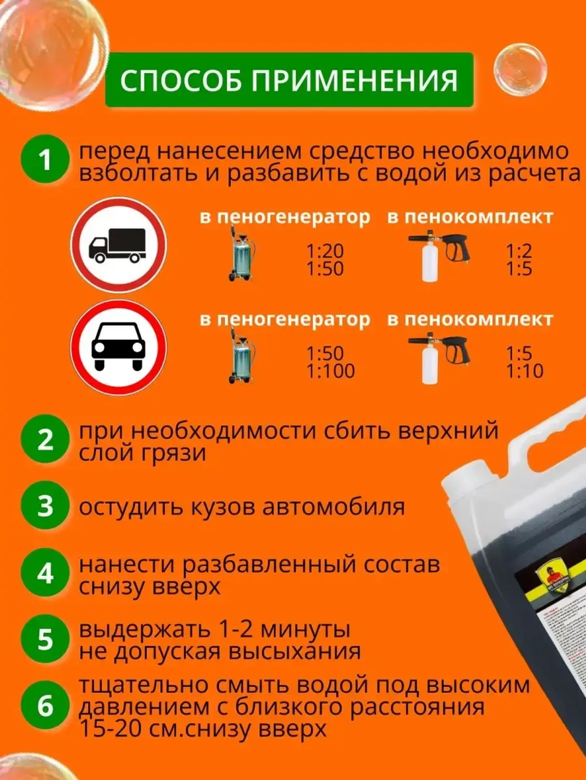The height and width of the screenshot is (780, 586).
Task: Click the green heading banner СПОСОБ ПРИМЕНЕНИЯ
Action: pyautogui.click(x=289, y=80)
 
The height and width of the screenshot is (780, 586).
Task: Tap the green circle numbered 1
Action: pyautogui.click(x=46, y=160)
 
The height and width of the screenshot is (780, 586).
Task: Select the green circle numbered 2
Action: pyautogui.click(x=46, y=440)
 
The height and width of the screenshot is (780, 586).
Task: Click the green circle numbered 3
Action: pyautogui.click(x=46, y=506)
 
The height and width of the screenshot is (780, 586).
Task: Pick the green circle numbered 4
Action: pyautogui.click(x=46, y=573)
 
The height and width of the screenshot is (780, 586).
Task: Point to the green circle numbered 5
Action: pyautogui.click(x=46, y=639)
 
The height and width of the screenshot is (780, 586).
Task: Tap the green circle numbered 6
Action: pyautogui.click(x=46, y=706)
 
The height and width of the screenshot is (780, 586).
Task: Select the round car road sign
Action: pyautogui.click(x=118, y=349)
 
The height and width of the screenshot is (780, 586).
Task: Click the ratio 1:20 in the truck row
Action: pyautogui.click(x=325, y=252)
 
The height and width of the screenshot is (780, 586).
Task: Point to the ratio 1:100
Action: pyautogui.click(x=331, y=371)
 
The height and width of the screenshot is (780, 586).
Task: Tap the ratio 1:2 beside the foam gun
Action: pyautogui.click(x=519, y=252)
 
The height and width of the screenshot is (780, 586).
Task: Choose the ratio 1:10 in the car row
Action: pyautogui.click(x=524, y=371)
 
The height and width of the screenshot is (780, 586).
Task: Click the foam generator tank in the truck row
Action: pyautogui.click(x=240, y=255)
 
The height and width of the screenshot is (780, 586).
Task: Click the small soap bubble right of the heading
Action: pyautogui.click(x=520, y=68)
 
